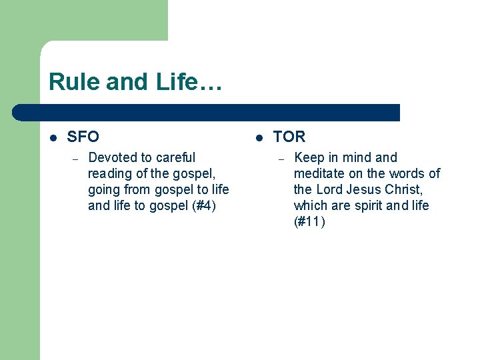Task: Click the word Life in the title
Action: pyautogui.click(x=176, y=82)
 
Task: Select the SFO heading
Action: pyautogui.click(x=83, y=137)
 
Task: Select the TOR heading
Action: pyautogui.click(x=289, y=137)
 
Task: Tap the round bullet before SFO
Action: pyautogui.click(x=54, y=137)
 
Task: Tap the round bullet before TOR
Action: pyautogui.click(x=260, y=137)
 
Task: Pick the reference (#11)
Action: pyautogui.click(x=309, y=221)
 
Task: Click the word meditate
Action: pyautogui.click(x=320, y=173)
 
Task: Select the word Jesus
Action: pyautogui.click(x=364, y=189)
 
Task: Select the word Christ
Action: pyautogui.click(x=404, y=189)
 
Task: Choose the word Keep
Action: pyautogui.click(x=307, y=157)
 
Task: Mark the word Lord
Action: pyautogui.click(x=330, y=189)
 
